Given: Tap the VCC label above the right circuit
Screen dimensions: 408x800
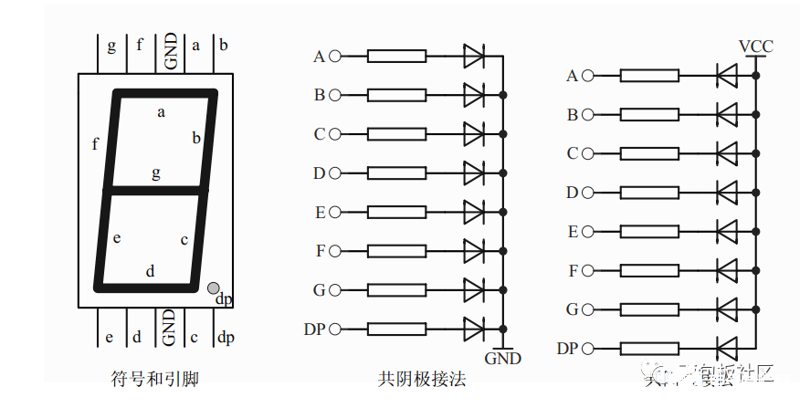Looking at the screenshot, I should click(x=756, y=46).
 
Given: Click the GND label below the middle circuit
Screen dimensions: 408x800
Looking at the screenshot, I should click(x=502, y=358).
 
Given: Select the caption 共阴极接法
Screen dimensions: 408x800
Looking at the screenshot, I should click(x=422, y=379).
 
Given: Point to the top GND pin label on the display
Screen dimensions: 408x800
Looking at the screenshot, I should click(x=170, y=52).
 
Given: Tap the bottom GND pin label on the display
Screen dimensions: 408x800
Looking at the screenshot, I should click(x=169, y=327).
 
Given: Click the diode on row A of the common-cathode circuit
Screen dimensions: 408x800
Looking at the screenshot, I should click(x=474, y=57).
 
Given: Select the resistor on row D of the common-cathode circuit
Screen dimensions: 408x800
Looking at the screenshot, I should click(x=396, y=173).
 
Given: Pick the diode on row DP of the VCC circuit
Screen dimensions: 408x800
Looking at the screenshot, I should click(x=727, y=348).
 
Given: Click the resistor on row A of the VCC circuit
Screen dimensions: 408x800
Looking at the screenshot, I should click(x=649, y=76).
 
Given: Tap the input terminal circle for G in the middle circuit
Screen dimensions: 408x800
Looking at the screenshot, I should click(x=334, y=290).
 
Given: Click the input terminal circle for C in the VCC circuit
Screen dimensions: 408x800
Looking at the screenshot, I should click(x=587, y=153).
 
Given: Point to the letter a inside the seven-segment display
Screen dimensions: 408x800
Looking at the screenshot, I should click(x=161, y=112).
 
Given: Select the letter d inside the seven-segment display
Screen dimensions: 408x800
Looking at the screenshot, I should click(x=151, y=270).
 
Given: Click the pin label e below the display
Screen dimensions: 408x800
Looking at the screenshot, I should click(x=109, y=338).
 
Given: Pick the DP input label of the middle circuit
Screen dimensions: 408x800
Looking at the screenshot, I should click(x=314, y=329).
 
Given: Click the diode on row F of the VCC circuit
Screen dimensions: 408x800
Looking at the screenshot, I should click(x=727, y=270).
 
